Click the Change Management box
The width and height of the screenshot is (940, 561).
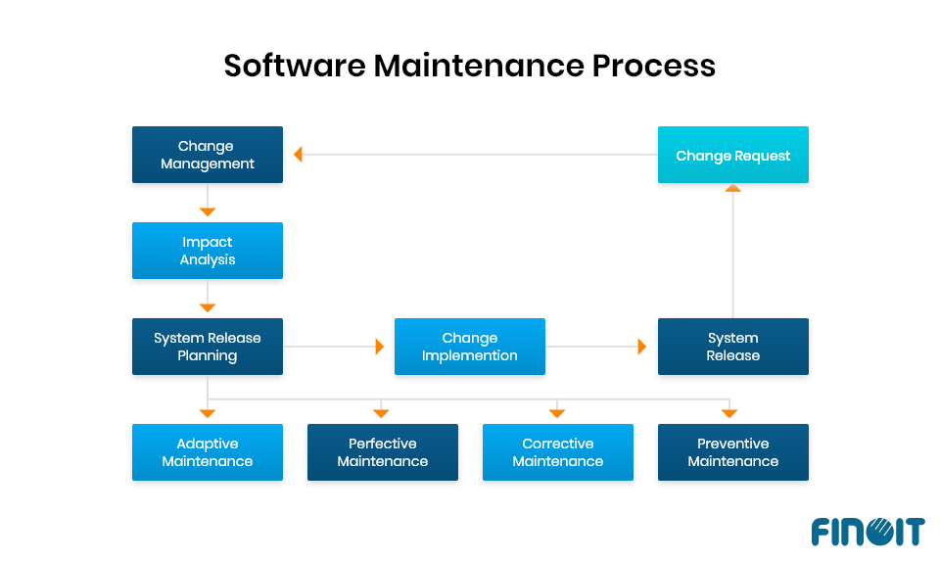pos(208,155)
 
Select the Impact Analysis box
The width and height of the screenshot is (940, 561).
pos(208,251)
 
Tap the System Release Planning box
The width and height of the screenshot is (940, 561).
pos(208,347)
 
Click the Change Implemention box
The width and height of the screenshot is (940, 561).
pos(469,347)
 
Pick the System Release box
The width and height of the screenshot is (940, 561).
pos(732,347)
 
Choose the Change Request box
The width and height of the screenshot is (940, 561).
pos(732,155)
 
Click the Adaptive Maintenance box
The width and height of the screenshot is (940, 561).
pos(208,452)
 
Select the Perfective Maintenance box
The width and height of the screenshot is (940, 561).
pos(382,452)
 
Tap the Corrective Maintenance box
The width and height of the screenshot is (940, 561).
pos(557,452)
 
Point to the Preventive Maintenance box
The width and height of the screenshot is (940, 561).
pos(732,452)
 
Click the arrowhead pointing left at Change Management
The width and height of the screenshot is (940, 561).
pos(298,155)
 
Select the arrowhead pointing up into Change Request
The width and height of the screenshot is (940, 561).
pos(732,188)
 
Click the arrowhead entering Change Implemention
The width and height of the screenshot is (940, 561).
pos(380,347)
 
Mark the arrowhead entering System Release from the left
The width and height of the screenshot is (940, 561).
pos(642,347)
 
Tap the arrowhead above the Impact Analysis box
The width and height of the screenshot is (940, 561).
pos(208,211)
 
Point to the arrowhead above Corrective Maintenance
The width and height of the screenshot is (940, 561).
pos(557,413)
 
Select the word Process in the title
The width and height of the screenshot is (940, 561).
pos(654,66)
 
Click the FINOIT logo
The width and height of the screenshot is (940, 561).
pos(867,532)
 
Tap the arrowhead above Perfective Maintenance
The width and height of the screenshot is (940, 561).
pos(382,413)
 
